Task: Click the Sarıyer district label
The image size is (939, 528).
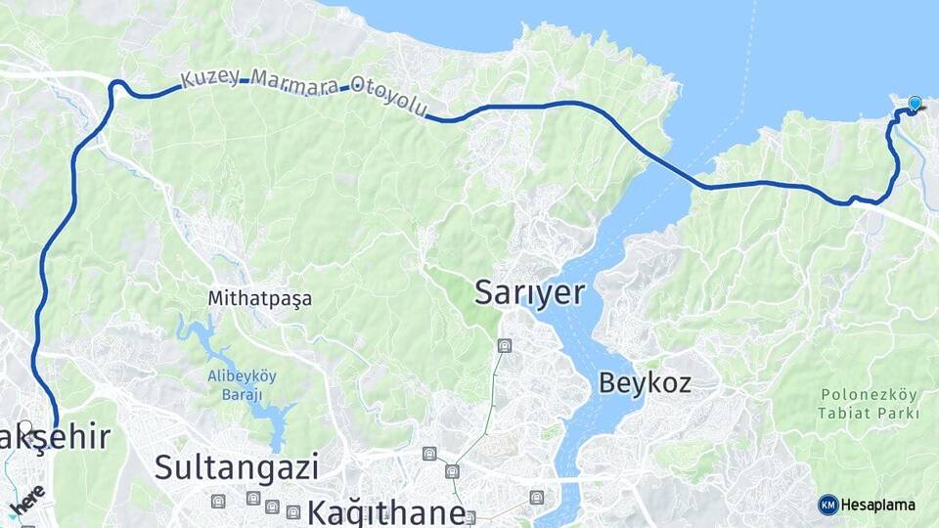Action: [529, 292]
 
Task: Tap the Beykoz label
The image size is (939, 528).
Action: [645, 382]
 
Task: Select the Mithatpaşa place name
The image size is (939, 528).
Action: [259, 298]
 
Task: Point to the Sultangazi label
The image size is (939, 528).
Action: [236, 466]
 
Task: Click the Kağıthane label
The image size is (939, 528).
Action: [386, 512]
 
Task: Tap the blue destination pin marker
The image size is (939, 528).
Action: [915, 103]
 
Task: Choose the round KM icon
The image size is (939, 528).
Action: [827, 505]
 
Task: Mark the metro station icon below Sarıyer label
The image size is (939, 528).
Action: [505, 345]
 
